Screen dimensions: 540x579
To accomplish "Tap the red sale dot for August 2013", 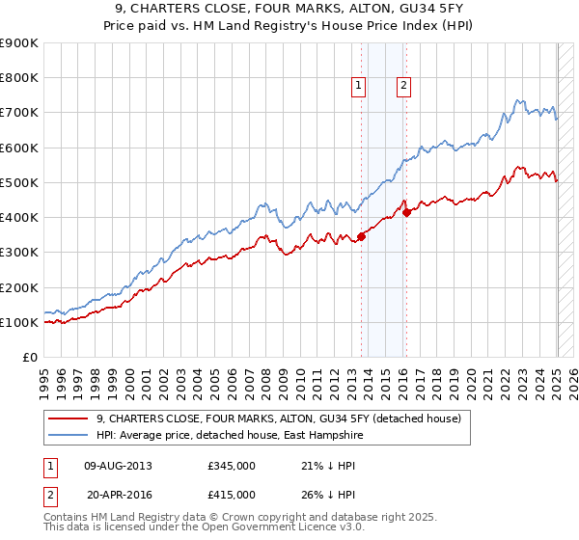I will pos(361,236).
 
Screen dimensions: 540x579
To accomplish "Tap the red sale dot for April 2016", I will pos(406,212).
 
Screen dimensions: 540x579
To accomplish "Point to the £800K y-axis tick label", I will pos(19,78).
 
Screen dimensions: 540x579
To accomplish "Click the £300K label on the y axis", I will pos(19,253).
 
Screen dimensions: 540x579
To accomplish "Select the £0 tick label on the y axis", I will pos(29,358).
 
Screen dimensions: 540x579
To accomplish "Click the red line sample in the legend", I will pos(69,418).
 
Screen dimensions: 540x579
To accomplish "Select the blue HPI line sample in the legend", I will pos(69,435).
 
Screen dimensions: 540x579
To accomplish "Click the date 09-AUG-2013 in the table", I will pos(119,466).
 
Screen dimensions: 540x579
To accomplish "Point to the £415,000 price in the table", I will pos(231,494).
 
